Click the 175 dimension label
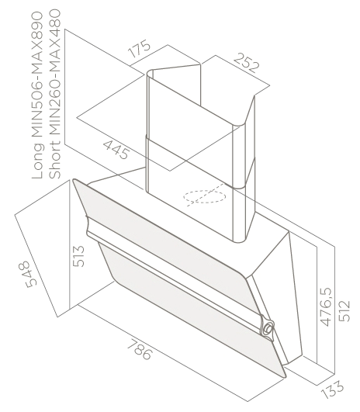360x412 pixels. pyautogui.click(x=140, y=49)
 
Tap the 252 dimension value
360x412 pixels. pyautogui.click(x=247, y=63)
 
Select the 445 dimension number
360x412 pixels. pyautogui.click(x=116, y=150)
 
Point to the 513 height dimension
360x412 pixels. pyautogui.click(x=78, y=257)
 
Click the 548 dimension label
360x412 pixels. pyautogui.click(x=29, y=274)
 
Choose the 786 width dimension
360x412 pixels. pyautogui.click(x=140, y=350)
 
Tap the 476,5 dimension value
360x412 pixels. pyautogui.click(x=326, y=307)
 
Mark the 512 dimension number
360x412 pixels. pyautogui.click(x=344, y=311)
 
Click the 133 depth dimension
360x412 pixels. pyautogui.click(x=332, y=389)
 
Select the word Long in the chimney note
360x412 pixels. pyautogui.click(x=37, y=161)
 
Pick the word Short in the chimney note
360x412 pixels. pyautogui.click(x=55, y=159)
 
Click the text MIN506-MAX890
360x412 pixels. pyautogui.click(x=36, y=74)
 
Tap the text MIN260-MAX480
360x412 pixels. pyautogui.click(x=55, y=72)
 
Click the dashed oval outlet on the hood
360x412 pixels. pyautogui.click(x=205, y=197)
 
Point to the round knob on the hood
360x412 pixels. pyautogui.click(x=268, y=327)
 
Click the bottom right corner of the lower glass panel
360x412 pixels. pyautogui.click(x=285, y=377)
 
